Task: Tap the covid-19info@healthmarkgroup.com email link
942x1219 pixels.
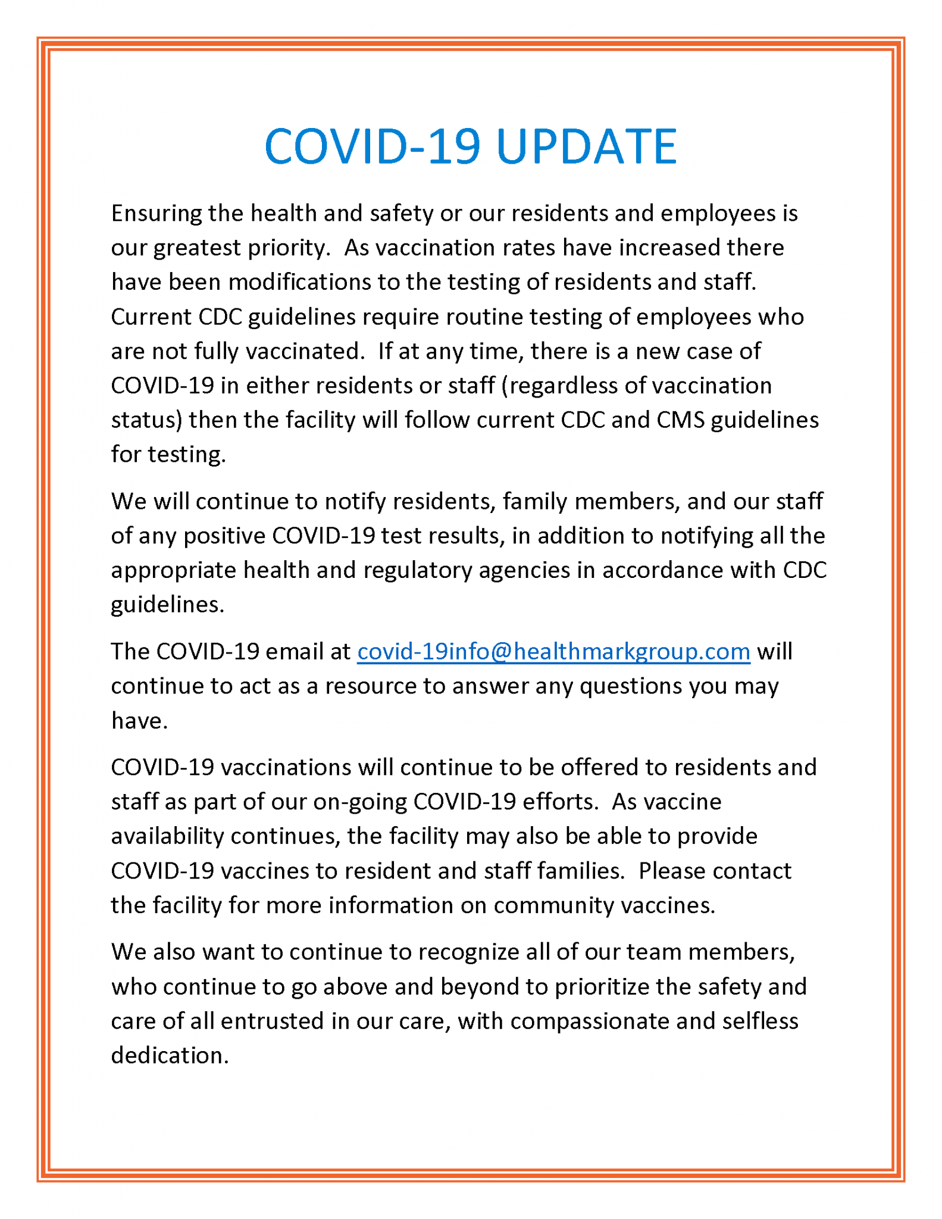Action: [553, 651]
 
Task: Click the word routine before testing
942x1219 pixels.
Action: [485, 317]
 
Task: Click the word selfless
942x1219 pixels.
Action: [760, 1021]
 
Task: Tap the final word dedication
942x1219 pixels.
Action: [170, 1056]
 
